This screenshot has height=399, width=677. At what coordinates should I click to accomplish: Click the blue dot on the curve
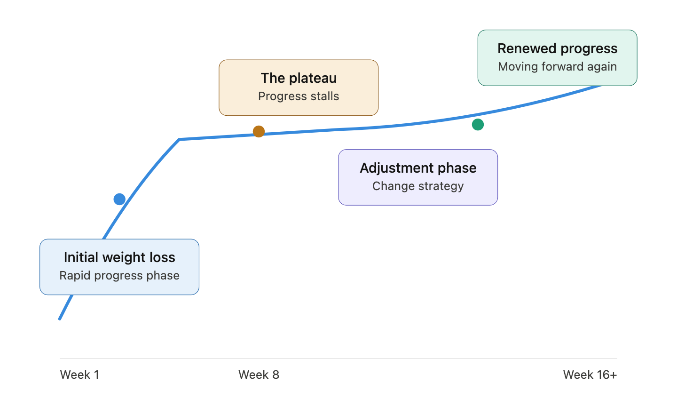119,199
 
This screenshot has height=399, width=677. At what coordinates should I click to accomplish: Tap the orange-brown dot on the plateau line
259,131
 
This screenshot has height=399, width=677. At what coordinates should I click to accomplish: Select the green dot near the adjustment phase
478,124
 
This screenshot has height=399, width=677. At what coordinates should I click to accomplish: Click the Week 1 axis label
79,375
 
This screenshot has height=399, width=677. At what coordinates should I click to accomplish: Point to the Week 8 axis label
259,375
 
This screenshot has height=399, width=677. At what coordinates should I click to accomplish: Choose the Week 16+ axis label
590,375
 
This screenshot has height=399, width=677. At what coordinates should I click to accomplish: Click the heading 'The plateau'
299,78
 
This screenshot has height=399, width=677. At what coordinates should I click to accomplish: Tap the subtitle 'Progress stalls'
299,96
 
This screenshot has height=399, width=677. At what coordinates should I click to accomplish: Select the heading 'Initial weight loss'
119,257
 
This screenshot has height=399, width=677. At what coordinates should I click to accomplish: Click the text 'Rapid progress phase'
119,276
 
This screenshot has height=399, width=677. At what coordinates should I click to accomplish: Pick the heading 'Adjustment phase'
418,168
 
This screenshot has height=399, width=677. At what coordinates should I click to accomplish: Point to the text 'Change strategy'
418,186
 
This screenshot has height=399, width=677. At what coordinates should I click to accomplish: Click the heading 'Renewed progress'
557,48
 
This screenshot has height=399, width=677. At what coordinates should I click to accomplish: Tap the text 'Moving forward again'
557,67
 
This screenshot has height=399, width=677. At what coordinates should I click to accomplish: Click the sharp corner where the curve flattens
180,139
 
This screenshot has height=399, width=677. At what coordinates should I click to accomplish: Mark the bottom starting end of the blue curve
60,319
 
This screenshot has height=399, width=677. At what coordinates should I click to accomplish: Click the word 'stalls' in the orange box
324,96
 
